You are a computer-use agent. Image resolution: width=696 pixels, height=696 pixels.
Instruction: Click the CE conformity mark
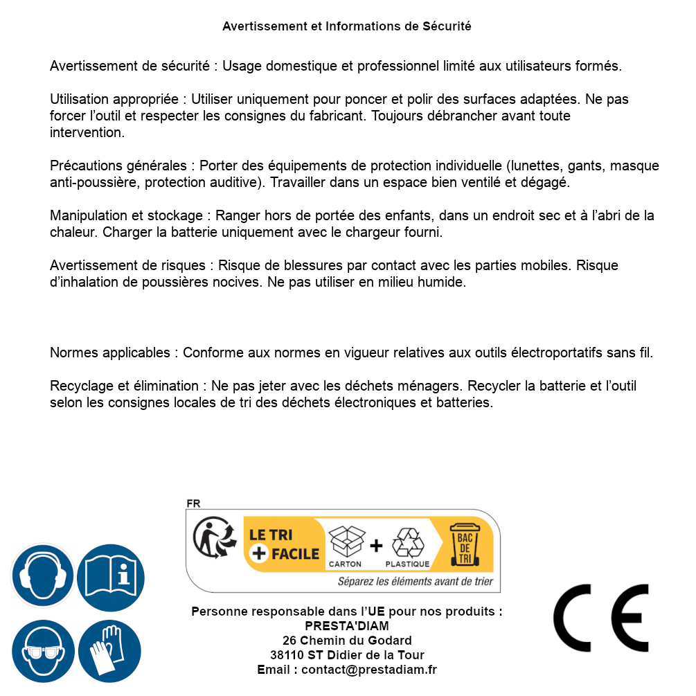click(601, 618)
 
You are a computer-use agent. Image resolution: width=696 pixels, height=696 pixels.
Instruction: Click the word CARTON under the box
click(345, 564)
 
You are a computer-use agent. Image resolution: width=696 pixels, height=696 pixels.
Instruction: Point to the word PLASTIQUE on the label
click(407, 564)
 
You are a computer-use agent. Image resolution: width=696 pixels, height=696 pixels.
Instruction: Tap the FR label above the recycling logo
click(193, 504)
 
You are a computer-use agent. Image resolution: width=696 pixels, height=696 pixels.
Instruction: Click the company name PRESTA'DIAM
click(347, 626)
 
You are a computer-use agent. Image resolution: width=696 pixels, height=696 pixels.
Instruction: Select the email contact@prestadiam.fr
click(369, 670)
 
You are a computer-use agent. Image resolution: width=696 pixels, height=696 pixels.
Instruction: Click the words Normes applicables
click(109, 353)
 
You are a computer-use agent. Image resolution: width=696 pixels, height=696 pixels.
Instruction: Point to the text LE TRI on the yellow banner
click(271, 535)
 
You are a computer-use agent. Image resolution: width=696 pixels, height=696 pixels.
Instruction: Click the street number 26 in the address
click(289, 641)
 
